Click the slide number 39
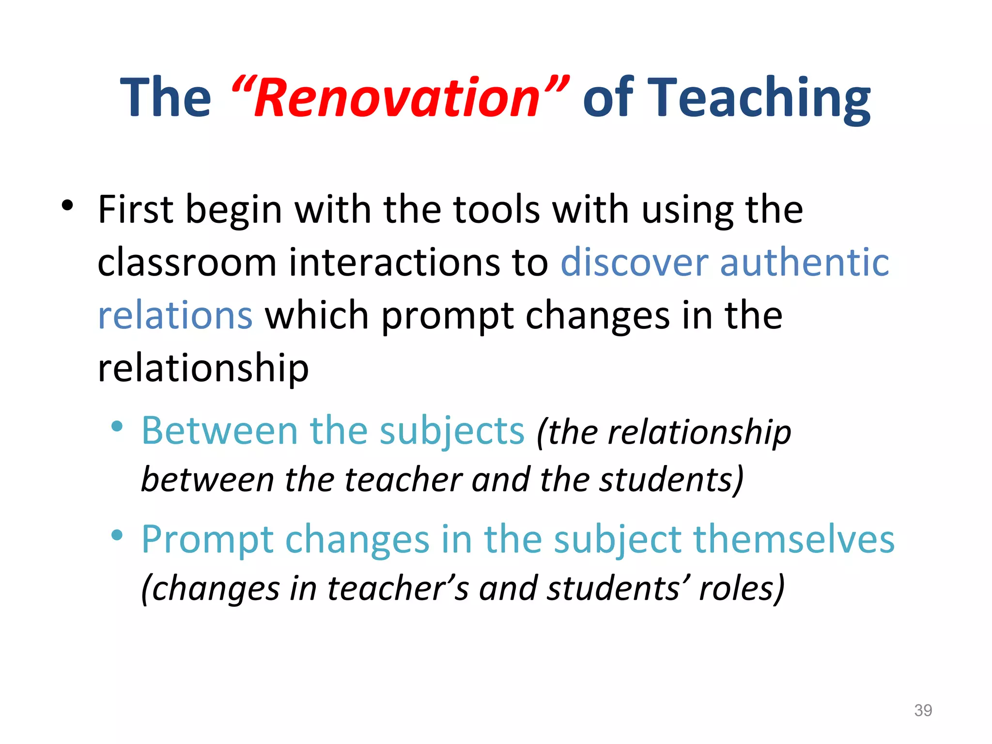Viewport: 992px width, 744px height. pos(923,710)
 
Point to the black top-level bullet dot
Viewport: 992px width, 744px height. pos(67,206)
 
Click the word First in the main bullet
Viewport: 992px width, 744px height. pos(135,209)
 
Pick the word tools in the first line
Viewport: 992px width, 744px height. pos(496,209)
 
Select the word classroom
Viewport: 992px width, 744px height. pos(186,262)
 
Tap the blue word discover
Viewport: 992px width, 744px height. pos(635,262)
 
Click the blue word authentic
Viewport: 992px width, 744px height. pos(804,262)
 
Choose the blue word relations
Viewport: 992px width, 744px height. pos(175,315)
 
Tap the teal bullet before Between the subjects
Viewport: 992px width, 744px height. pos(117,427)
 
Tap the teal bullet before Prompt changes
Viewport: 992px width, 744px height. pos(117,535)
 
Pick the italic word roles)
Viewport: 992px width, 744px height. pos(742,589)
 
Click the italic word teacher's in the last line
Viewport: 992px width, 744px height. pos(398,589)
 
